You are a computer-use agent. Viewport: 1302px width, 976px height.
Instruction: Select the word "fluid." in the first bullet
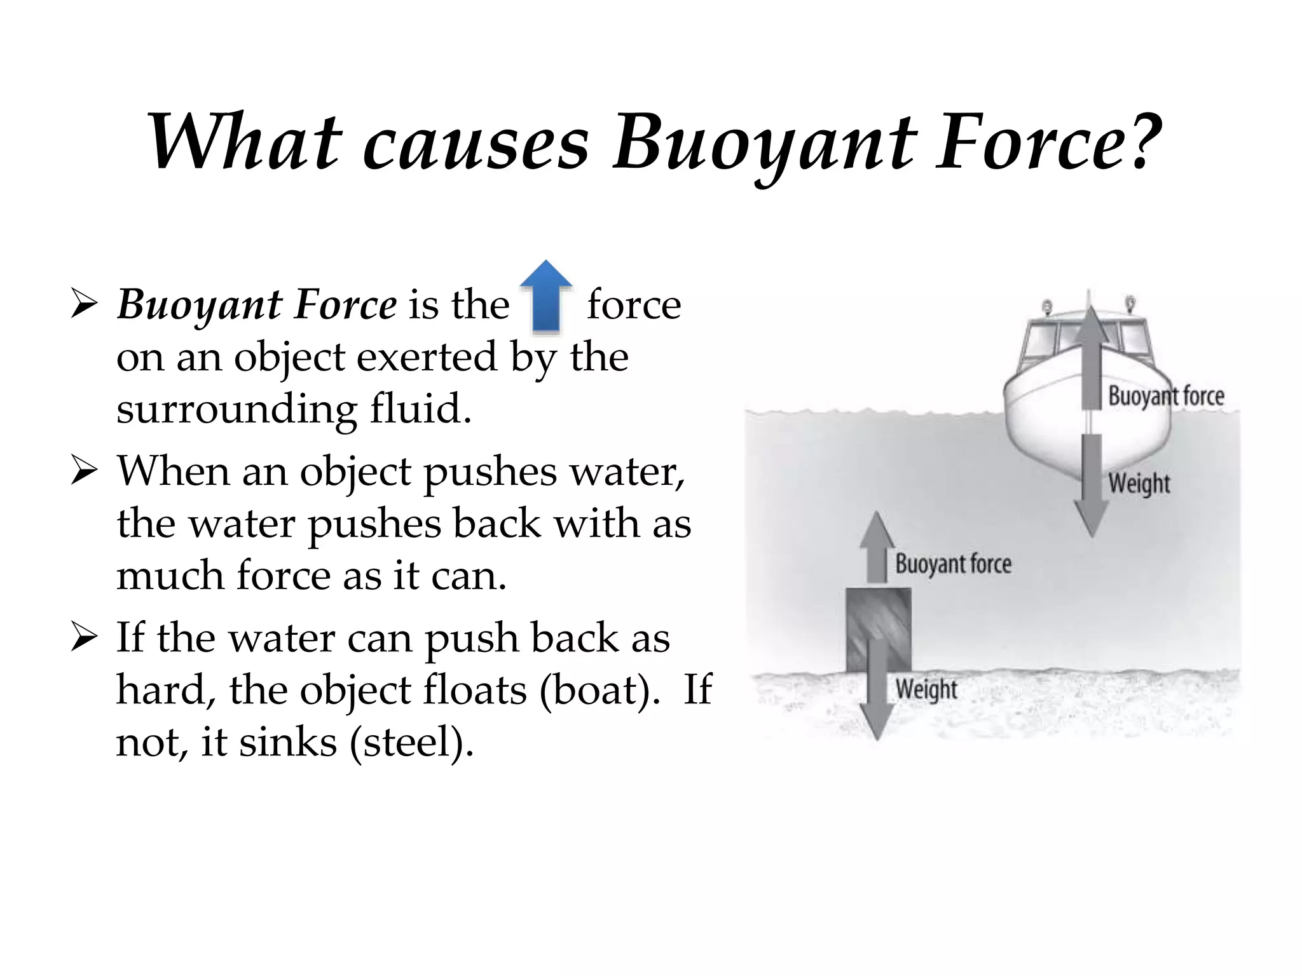[421, 408]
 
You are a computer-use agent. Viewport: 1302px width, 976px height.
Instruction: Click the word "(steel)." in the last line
[412, 742]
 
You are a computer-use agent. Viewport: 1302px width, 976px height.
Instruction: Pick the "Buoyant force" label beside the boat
[1166, 396]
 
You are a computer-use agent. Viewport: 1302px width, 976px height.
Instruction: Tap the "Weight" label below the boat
[1139, 483]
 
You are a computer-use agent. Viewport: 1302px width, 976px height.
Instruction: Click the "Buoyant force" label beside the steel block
[953, 564]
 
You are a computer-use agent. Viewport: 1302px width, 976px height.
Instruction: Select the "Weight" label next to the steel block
[926, 689]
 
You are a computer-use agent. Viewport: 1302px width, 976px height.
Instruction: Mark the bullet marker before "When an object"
[84, 472]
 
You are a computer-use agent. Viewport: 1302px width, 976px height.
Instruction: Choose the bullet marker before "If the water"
[84, 637]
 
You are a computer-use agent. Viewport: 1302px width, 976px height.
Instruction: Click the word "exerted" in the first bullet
[427, 357]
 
